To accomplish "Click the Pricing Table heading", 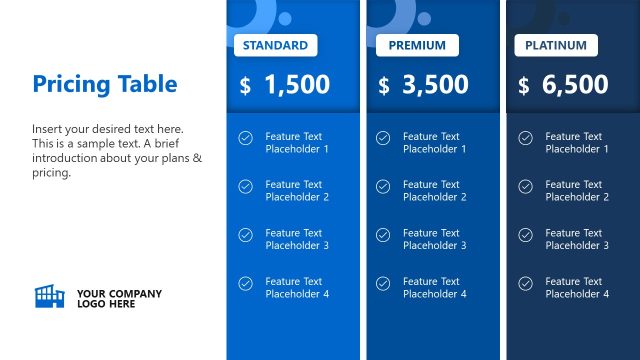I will [104, 84].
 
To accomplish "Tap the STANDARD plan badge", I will [275, 45].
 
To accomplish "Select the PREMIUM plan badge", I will [417, 45].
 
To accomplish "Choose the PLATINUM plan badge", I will [556, 45].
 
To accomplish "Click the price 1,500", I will [297, 85].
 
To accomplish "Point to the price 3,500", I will [435, 85].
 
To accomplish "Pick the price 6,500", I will [575, 85].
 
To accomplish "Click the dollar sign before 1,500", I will [245, 86].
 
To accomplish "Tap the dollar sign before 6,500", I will [524, 86].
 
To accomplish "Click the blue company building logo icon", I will [49, 296].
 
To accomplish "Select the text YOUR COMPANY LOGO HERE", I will [119, 298].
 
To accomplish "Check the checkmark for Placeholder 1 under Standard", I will [245, 138].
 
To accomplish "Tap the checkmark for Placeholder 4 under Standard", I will [245, 284].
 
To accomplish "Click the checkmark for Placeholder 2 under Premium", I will [383, 186].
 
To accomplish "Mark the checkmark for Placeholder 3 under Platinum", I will [525, 235].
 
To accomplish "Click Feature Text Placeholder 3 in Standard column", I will [297, 239].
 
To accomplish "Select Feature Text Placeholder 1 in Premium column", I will [434, 143].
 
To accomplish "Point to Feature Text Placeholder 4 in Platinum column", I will [577, 288].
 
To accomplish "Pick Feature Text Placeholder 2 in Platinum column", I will [577, 191].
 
